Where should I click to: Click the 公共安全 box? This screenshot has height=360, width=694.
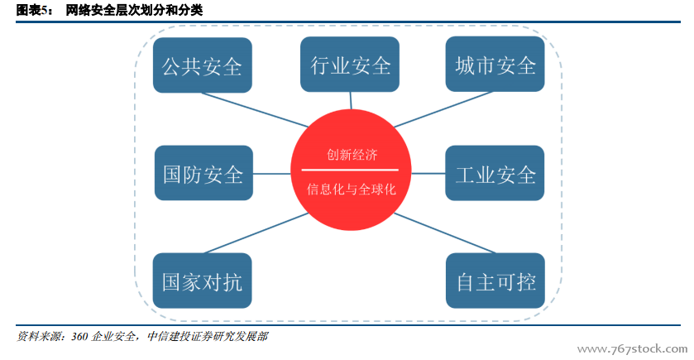point(203,65)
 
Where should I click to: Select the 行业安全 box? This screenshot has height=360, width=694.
point(350,65)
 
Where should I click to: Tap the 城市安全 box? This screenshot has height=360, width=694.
point(495,65)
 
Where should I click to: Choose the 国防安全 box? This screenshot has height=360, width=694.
point(203,173)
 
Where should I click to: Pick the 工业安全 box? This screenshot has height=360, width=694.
point(495,173)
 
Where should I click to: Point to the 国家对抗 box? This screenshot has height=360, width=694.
point(203,281)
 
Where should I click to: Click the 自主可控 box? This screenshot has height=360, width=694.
point(495,281)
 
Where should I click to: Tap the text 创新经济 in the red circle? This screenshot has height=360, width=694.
point(352,155)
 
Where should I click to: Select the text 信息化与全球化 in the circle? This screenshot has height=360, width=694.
point(351,190)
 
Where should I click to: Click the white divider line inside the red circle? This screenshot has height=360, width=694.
point(350,170)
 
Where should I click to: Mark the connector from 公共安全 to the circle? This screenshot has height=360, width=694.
point(255,110)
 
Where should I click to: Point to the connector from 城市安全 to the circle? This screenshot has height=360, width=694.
point(443,109)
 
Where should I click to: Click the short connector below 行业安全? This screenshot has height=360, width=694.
point(351,100)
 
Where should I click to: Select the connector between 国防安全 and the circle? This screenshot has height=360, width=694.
point(272,174)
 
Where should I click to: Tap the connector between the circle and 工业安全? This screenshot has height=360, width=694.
point(428,174)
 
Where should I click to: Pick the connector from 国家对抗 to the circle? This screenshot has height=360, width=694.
point(256,233)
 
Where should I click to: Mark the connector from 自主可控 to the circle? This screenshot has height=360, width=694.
point(444,233)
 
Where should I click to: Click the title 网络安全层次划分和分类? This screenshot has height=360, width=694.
point(134,10)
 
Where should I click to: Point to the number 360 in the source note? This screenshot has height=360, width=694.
point(79,337)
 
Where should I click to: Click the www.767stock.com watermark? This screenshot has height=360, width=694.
point(633,349)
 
